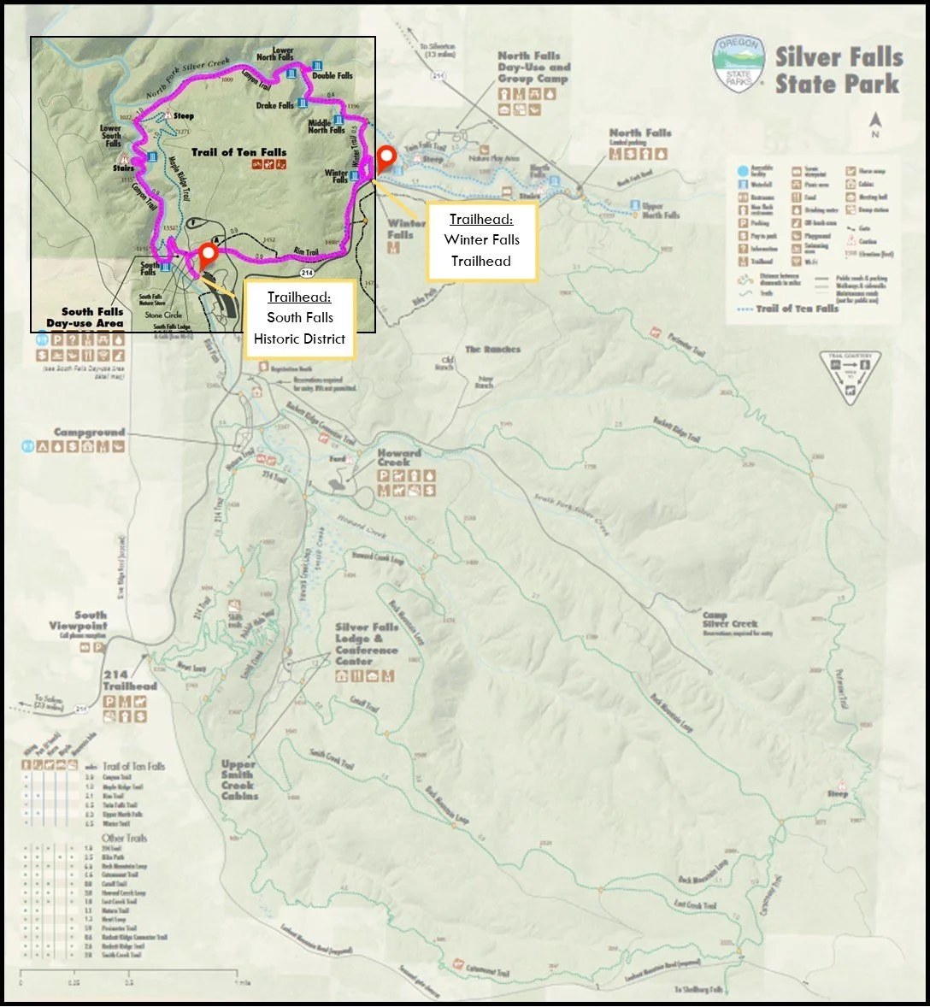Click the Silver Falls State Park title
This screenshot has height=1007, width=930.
point(839,70)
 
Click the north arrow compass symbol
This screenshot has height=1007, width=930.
point(874,124)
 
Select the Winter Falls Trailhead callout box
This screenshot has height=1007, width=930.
point(481,240)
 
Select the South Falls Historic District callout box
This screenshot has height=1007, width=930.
point(299,317)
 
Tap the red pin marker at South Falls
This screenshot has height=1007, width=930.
point(207,254)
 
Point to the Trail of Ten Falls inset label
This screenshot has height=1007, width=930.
point(238,152)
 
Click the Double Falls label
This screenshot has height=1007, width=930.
point(332,75)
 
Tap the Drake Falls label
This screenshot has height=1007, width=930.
point(274,106)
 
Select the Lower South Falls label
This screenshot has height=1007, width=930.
point(112,136)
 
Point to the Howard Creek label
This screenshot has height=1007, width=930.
point(399,457)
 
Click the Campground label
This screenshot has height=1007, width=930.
point(89,433)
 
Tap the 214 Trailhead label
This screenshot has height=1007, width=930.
point(130,680)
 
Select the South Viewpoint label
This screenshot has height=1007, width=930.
point(79,620)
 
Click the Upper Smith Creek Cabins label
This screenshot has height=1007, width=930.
point(238,780)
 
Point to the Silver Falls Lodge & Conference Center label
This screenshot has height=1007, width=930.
point(367,644)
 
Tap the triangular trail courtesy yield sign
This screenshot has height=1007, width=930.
point(849,375)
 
